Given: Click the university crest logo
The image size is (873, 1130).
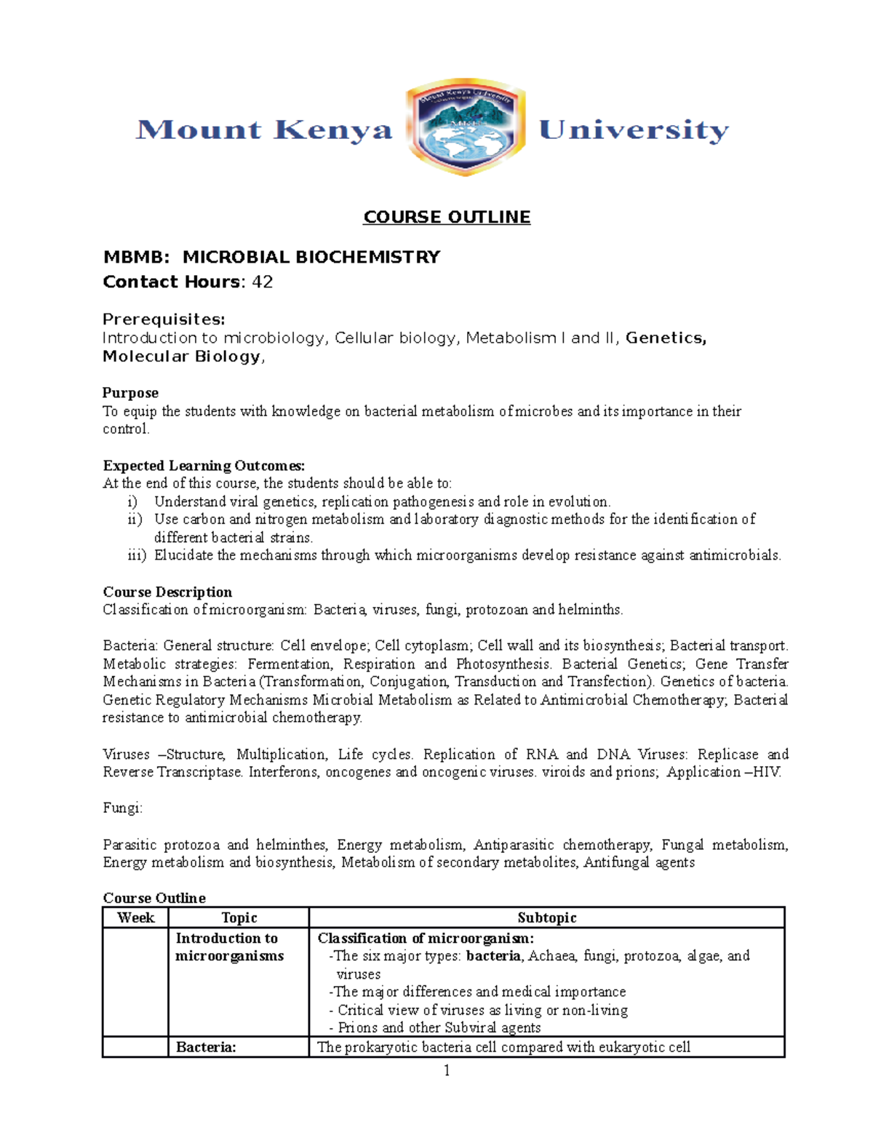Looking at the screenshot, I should pos(466,128).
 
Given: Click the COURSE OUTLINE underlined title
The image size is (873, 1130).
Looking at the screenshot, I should pos(447,217).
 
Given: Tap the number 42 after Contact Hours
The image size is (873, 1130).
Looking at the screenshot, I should pos(262,282).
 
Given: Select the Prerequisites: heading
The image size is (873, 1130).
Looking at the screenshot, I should pos(164,319).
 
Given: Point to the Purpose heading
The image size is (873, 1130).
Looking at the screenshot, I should pos(130,393).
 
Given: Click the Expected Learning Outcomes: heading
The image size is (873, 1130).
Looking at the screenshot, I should pos(204,466).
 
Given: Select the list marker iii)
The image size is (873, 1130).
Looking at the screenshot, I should pos(137,555).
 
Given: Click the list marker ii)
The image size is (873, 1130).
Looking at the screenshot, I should pos(135,520).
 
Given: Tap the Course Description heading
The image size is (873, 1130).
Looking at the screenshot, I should pos(167,592).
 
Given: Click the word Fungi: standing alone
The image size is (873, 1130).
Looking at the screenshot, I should pos(123,808).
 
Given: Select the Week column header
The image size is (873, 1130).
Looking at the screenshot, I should pos(136,918).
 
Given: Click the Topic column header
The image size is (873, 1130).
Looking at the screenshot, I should pos(239,918).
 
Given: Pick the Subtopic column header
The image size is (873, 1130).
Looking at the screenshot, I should pos(546,918).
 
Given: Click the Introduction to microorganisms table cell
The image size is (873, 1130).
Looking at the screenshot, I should pos(229,947).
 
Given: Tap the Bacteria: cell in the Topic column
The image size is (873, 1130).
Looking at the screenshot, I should pos(206,1047).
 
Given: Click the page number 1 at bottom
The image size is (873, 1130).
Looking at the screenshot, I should pos(447,1070).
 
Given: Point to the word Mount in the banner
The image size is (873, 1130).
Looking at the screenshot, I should pos(199,130).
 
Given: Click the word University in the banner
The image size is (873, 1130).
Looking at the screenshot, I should pos(634,130).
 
